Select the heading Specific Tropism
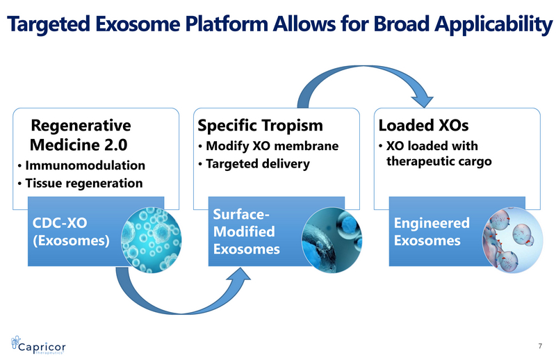[261, 126]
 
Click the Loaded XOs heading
[423, 126]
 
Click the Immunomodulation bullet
[84, 166]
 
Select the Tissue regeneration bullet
[82, 183]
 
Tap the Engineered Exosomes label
[432, 232]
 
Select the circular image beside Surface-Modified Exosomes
[329, 236]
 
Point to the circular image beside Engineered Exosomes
[510, 237]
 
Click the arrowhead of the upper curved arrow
[431, 99]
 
